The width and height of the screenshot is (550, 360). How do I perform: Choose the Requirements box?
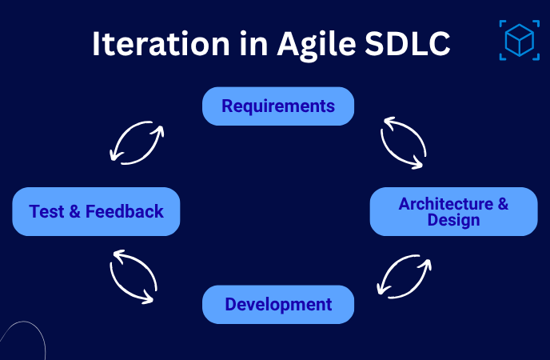[x=277, y=106]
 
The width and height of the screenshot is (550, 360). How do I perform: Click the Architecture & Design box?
[x=453, y=211]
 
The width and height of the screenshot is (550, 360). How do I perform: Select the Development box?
[x=277, y=305]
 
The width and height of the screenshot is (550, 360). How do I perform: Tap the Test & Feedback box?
[x=96, y=212]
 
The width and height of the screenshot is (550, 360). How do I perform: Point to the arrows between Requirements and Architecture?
[x=405, y=142]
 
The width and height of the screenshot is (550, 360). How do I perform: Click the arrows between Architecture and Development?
[x=405, y=276]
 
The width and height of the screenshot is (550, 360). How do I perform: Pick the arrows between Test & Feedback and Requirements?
[x=136, y=142]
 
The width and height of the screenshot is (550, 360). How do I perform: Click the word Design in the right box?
[x=453, y=220]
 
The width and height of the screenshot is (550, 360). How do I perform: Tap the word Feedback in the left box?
[x=124, y=212]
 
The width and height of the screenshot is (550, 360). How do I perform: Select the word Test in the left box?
[x=46, y=212]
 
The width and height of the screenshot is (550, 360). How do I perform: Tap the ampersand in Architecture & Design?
[x=502, y=203]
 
